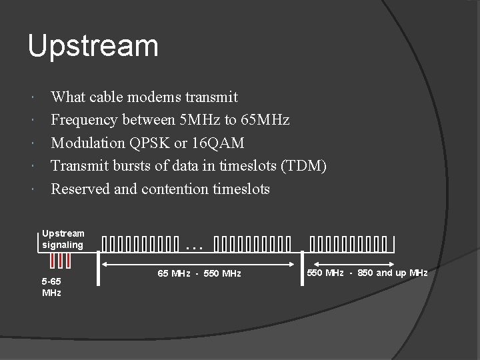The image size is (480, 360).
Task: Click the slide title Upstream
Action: pyautogui.click(x=93, y=46)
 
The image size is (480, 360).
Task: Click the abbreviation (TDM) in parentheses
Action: pyautogui.click(x=304, y=165)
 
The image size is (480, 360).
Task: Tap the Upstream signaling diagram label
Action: pyautogui.click(x=63, y=239)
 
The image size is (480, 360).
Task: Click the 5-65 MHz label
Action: pyautogui.click(x=52, y=287)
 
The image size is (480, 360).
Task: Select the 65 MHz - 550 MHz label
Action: pyautogui.click(x=199, y=274)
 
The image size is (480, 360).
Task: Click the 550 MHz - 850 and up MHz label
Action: pyautogui.click(x=367, y=273)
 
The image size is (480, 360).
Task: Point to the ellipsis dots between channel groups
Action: pyautogui.click(x=194, y=247)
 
